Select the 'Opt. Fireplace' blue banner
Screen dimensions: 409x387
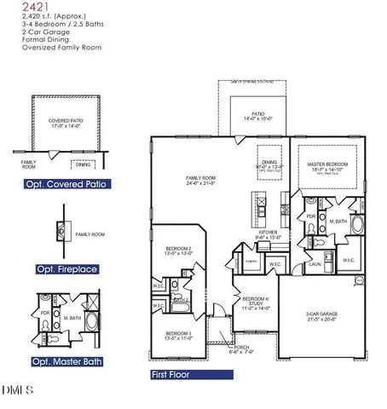[x=56, y=269]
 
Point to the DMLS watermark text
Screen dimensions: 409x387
[x=17, y=391]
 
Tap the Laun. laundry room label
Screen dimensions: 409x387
[x=315, y=264]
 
